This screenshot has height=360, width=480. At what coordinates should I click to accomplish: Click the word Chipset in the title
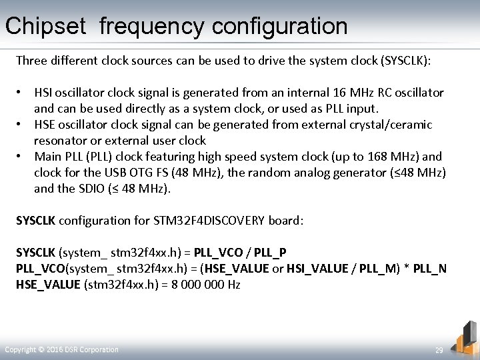(46, 27)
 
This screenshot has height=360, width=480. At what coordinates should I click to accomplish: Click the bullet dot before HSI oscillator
(21, 93)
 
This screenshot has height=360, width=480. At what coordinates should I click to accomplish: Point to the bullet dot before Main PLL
(21, 157)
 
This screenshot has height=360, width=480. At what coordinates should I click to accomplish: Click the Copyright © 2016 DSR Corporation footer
(61, 349)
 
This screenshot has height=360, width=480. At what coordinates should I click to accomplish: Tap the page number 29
(439, 350)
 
